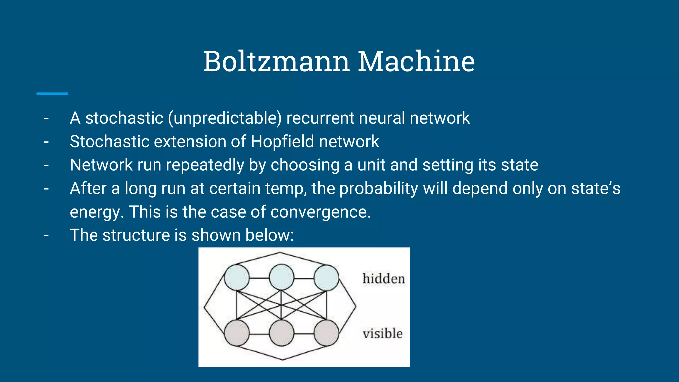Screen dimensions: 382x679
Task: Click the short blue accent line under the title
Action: coord(52,94)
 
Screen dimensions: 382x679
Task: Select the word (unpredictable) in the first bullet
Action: coord(225,118)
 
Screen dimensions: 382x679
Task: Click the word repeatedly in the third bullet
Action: coord(205,165)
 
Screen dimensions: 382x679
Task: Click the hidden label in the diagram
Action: coord(384,279)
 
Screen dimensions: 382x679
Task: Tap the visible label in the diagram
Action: coord(383,334)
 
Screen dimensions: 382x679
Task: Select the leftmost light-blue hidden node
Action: coord(237,278)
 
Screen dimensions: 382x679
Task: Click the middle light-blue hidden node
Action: coord(281,278)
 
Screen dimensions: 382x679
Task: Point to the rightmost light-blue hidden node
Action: coord(326,278)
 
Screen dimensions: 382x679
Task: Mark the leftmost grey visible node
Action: coord(237,333)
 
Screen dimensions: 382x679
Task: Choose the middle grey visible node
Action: coord(281,333)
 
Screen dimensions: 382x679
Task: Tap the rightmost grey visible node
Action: coord(326,333)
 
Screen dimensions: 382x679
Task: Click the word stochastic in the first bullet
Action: coord(124,118)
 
